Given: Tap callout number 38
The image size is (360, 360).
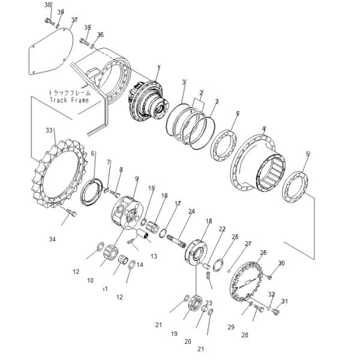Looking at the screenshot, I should (48, 5).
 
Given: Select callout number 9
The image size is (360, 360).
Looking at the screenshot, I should (136, 179).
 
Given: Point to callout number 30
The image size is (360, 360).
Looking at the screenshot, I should (281, 263).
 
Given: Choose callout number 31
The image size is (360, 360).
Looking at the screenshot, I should (284, 301).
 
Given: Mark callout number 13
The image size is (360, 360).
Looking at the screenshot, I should (154, 256).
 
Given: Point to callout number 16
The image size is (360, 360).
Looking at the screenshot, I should (164, 196).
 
